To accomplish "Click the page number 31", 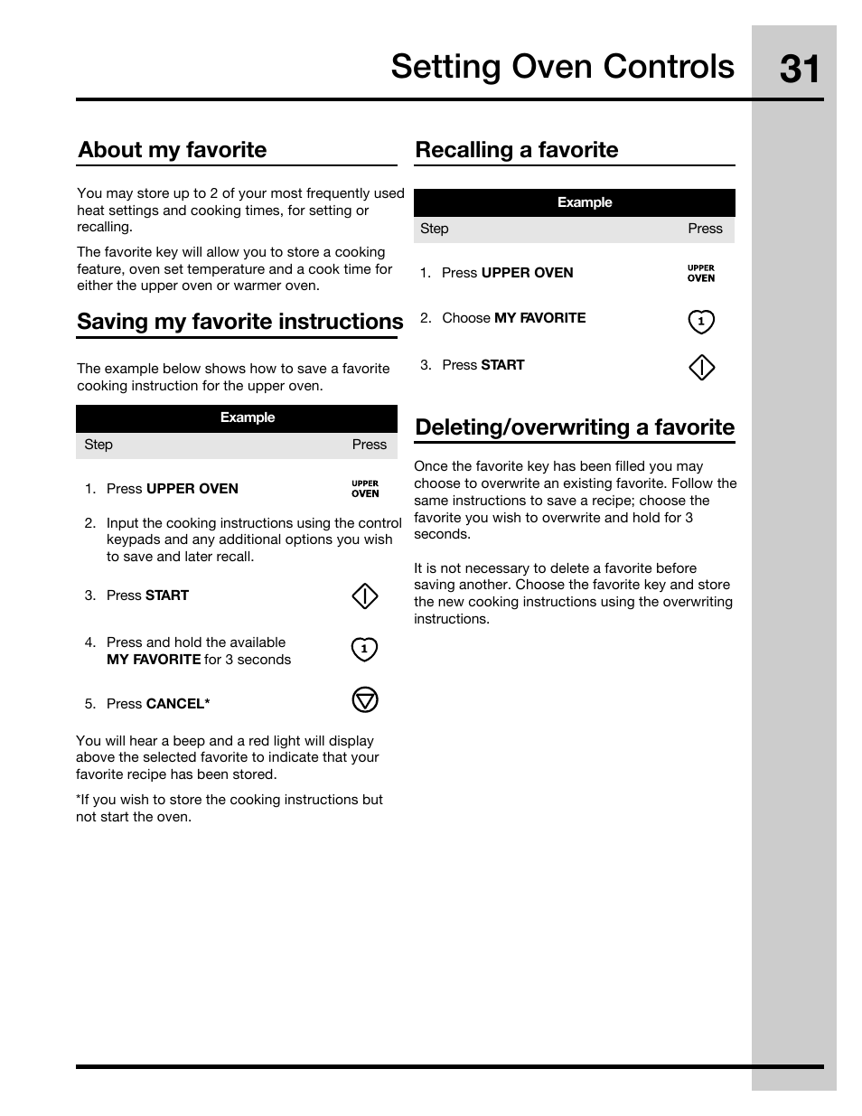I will [799, 69].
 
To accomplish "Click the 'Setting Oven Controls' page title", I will [562, 67].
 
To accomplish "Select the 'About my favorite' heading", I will [172, 150].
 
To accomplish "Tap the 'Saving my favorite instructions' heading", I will [239, 322].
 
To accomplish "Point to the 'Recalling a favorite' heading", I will [516, 150].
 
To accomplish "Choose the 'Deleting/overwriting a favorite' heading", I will [574, 427].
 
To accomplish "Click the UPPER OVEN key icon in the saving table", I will [365, 489].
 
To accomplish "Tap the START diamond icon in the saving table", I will [364, 596].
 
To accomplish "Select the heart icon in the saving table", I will [364, 650].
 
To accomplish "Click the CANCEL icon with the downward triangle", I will [364, 700].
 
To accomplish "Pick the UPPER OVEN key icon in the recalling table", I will [700, 273].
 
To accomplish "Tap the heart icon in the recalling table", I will [701, 322].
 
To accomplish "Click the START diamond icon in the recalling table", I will [701, 368].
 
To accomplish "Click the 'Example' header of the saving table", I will [247, 417].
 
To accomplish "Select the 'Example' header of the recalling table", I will [584, 202].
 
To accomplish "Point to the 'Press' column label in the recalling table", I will [705, 229].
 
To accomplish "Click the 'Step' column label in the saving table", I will [98, 445].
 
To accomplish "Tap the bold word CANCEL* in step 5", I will [178, 704].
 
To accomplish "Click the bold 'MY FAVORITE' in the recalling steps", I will [539, 318].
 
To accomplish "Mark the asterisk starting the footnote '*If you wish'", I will [79, 799].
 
